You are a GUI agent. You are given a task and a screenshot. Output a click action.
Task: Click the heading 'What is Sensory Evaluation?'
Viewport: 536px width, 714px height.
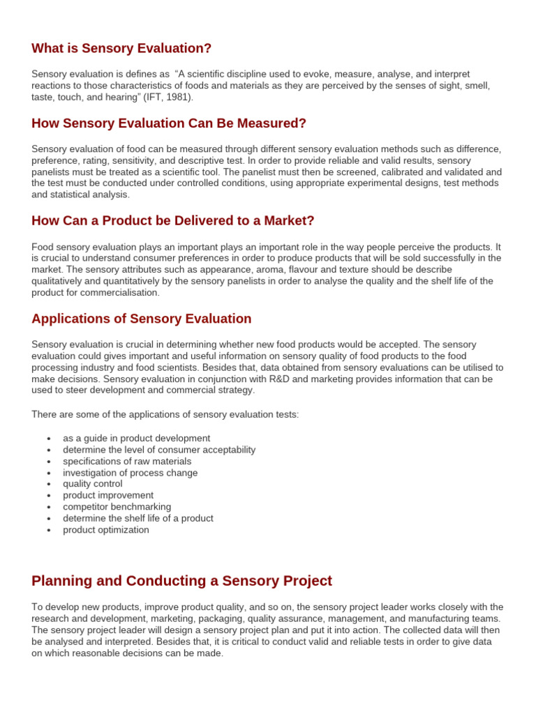click(121, 48)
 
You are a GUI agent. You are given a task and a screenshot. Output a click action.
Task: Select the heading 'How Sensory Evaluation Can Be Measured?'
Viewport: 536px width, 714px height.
click(169, 123)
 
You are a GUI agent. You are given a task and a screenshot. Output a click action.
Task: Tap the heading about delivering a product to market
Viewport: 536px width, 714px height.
click(173, 220)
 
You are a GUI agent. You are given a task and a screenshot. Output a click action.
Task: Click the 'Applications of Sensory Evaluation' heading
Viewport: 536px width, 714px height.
click(142, 319)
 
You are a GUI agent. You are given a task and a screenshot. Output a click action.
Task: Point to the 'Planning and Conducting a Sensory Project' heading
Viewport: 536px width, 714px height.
click(181, 581)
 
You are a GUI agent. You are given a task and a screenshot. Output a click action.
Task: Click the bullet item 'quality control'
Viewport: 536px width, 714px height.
click(92, 484)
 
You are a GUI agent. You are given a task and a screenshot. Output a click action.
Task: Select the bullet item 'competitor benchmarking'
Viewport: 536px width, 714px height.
click(117, 507)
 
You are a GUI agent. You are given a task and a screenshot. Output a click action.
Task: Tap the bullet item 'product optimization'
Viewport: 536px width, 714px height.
click(106, 530)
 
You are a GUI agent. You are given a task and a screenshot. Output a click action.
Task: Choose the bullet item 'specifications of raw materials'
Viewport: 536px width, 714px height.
click(127, 461)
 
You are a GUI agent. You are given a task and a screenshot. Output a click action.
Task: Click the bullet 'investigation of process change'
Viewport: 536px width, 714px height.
click(130, 473)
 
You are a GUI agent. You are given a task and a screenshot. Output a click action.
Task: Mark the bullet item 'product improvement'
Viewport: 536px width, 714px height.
click(108, 495)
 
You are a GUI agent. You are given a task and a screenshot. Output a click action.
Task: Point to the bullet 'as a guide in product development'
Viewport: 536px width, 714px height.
click(136, 438)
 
